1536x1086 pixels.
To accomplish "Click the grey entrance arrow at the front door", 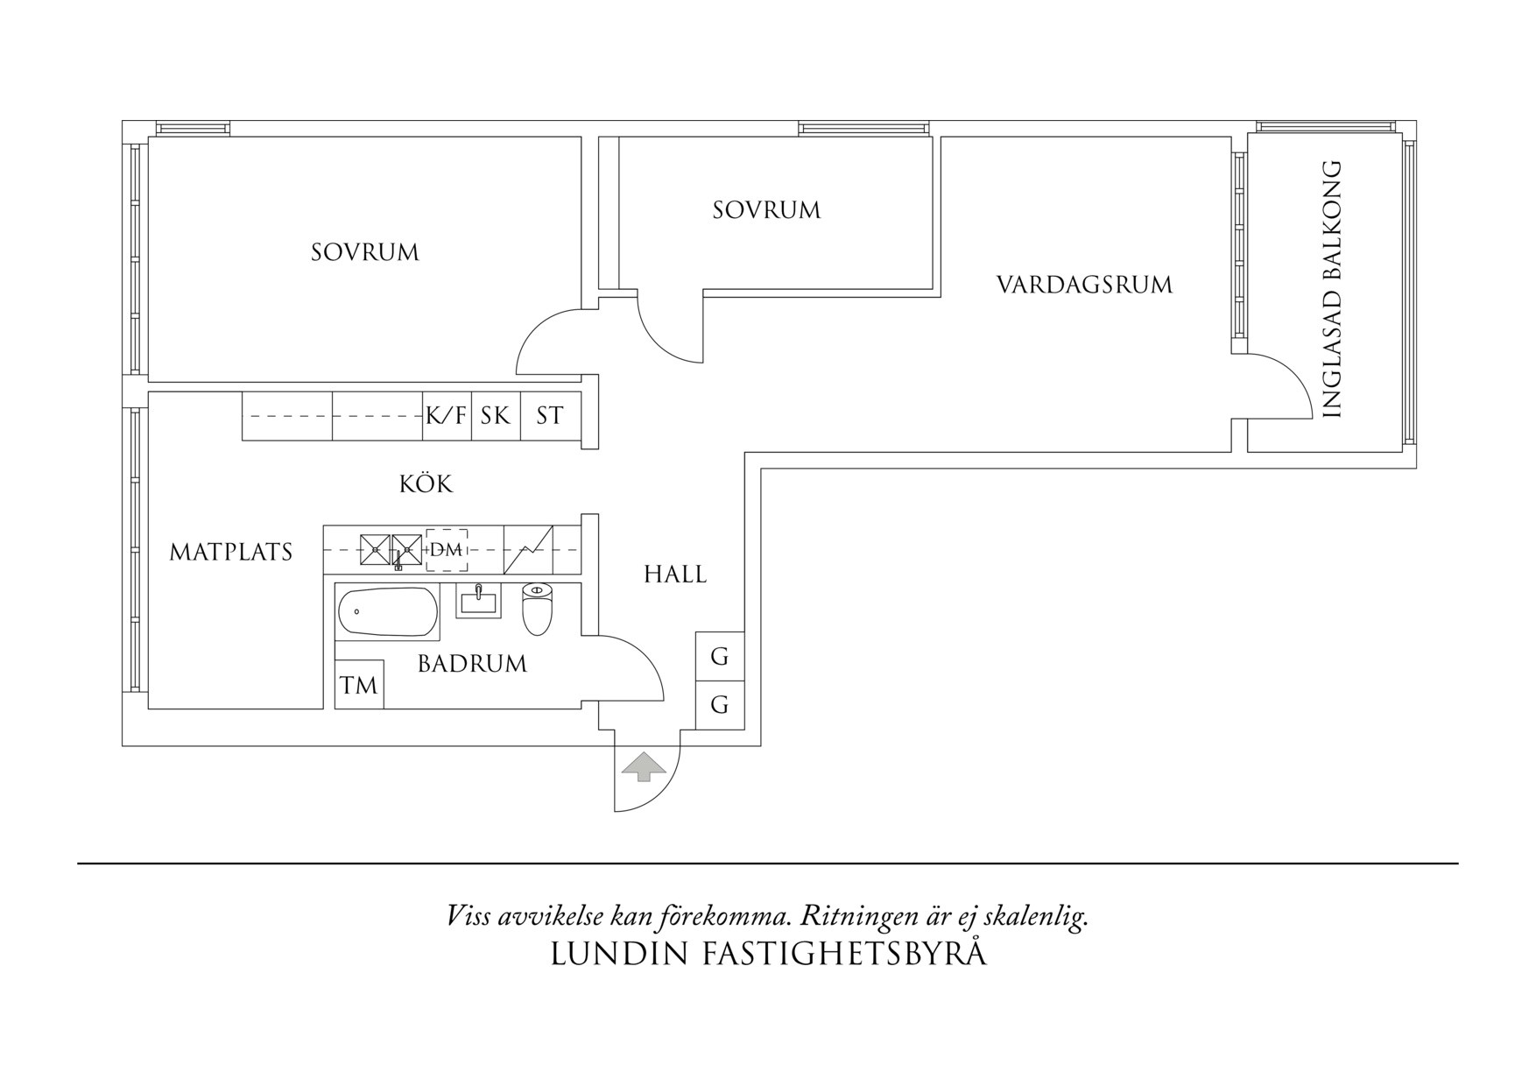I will [x=643, y=766].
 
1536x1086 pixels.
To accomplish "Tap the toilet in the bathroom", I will [x=537, y=610].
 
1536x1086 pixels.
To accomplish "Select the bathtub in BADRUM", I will [x=387, y=612].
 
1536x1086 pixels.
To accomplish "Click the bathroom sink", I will [x=478, y=603].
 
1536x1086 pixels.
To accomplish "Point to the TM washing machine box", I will [x=359, y=685].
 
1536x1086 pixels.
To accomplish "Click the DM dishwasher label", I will [x=446, y=550].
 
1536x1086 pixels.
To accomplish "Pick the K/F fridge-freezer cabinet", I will [x=447, y=416].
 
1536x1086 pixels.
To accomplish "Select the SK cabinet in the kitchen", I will [x=496, y=416].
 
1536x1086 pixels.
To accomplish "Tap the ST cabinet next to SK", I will [x=550, y=416].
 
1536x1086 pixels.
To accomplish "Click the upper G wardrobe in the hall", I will [x=720, y=657].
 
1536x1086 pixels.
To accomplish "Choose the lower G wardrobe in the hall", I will [x=720, y=705].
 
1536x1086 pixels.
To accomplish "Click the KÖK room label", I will [x=426, y=484].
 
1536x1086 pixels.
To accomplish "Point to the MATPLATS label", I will [x=230, y=553].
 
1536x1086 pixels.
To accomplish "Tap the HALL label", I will [x=675, y=575].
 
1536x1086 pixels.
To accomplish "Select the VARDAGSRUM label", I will [x=1084, y=286].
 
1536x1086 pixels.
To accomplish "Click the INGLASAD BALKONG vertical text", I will [x=1331, y=289].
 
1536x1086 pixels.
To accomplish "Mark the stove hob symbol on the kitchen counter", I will [x=529, y=550].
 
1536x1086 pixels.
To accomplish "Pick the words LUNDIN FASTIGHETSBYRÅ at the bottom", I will [x=768, y=955].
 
